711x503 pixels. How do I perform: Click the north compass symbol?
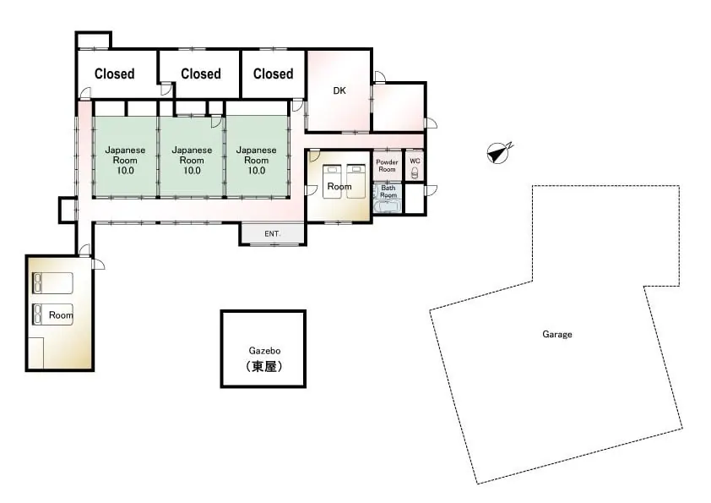[499, 152]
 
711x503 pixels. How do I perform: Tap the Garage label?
[556, 334]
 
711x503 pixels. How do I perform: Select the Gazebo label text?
[264, 351]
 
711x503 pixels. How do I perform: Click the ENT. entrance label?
[272, 233]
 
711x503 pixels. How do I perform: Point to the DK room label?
[339, 90]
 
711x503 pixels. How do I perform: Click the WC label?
[415, 161]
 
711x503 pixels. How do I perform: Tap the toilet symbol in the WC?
[415, 172]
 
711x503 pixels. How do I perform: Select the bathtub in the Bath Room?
[388, 206]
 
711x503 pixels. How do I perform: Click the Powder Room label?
[387, 165]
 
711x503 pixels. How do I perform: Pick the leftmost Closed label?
[114, 74]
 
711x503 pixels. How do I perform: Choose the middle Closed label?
[200, 74]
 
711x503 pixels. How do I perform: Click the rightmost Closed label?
[273, 74]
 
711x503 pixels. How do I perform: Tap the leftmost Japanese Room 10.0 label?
[125, 161]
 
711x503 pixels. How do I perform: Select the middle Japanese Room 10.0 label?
[192, 161]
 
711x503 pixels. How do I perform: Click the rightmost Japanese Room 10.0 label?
[256, 161]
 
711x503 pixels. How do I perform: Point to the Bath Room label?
[388, 191]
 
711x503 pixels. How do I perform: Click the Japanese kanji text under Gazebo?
[264, 366]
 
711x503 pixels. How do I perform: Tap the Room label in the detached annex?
[61, 315]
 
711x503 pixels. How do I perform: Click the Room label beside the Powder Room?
[339, 186]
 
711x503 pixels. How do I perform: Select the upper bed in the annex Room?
[52, 283]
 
